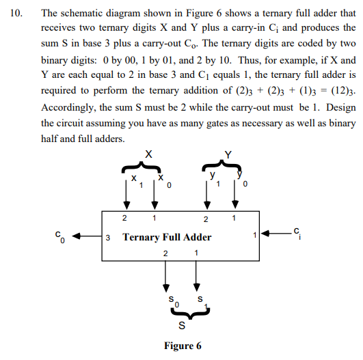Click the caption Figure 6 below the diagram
click(183, 346)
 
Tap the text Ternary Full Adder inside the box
click(167, 238)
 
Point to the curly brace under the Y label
click(220, 168)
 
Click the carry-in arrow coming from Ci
click(274, 236)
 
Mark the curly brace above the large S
click(181, 313)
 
